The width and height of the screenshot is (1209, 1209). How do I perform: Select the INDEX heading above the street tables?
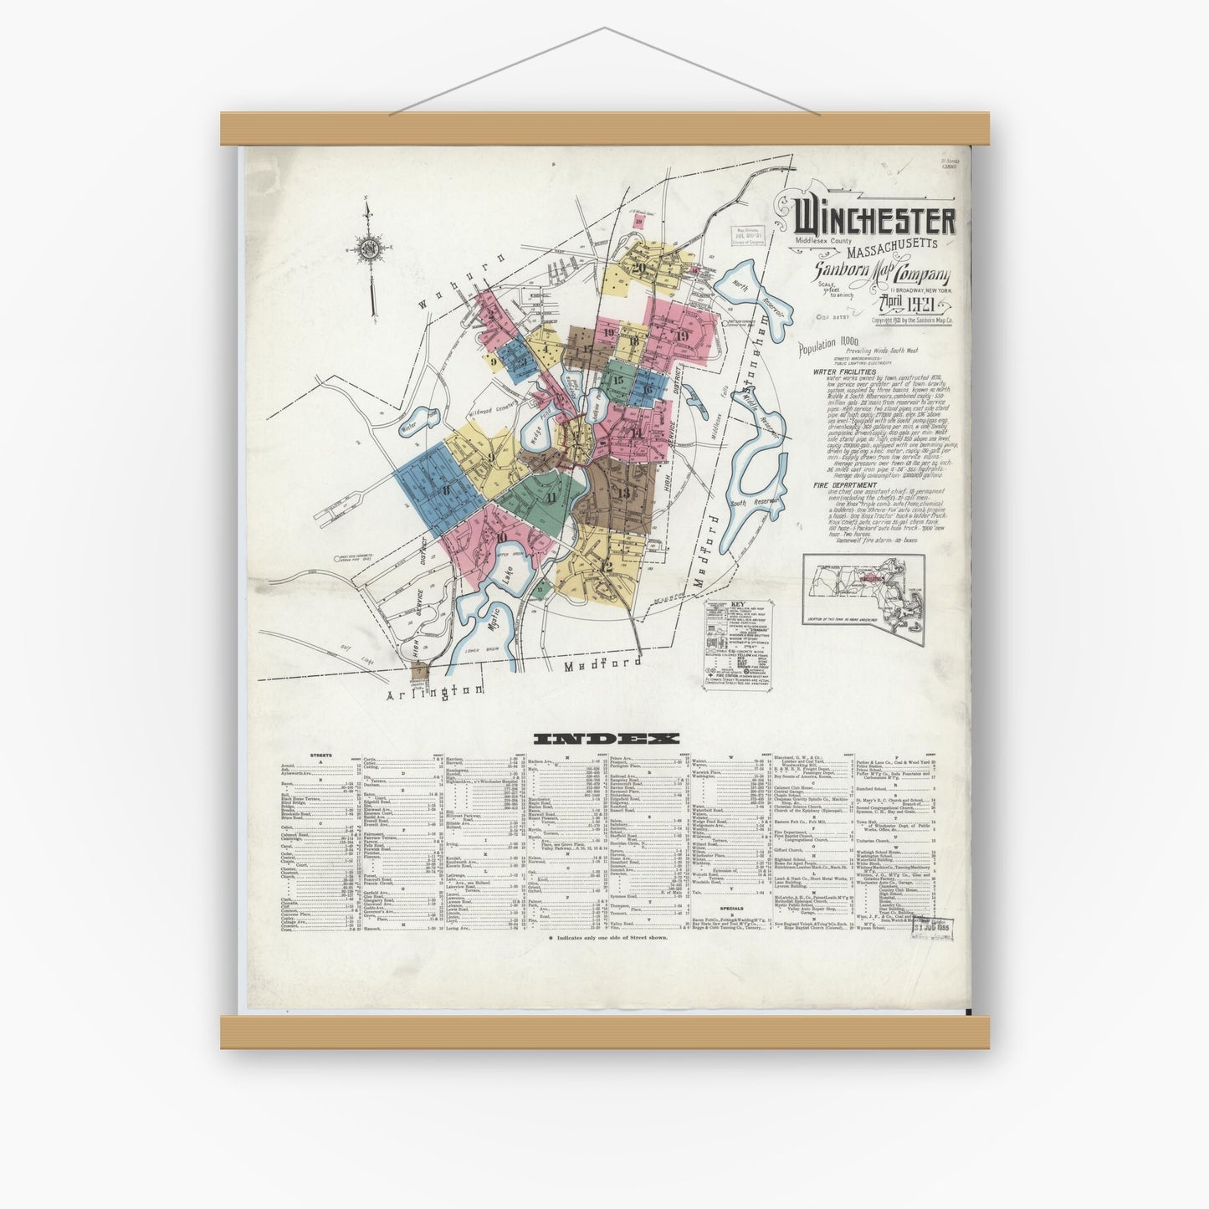tap(606, 739)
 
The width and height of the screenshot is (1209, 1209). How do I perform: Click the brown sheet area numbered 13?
tap(624, 494)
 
